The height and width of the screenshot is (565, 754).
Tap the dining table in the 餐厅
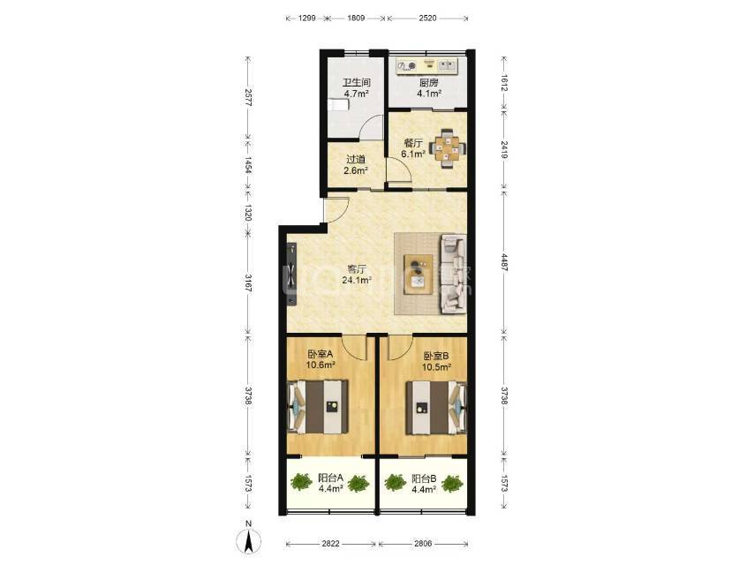[x=448, y=148]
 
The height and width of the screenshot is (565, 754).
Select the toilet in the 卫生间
[x=338, y=105]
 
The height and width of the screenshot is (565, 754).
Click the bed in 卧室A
[x=318, y=407]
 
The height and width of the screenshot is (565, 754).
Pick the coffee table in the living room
[x=418, y=274]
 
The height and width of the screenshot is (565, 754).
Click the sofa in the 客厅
[x=454, y=274]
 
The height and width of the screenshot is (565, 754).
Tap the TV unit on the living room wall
[x=292, y=274]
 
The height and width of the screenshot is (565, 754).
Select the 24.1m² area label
[x=357, y=280]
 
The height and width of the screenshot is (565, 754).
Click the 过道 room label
[x=356, y=159]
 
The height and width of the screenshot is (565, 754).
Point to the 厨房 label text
[x=428, y=83]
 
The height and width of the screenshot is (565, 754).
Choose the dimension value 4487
[x=503, y=262]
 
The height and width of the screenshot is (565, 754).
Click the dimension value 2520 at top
[x=427, y=19]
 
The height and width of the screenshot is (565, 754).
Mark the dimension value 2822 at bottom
[x=330, y=544]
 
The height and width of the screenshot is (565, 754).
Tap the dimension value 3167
[x=248, y=283]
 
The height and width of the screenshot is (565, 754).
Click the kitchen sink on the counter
[x=446, y=64]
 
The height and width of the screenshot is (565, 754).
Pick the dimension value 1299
[x=306, y=19]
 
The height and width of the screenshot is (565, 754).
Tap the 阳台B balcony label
[x=424, y=478]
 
